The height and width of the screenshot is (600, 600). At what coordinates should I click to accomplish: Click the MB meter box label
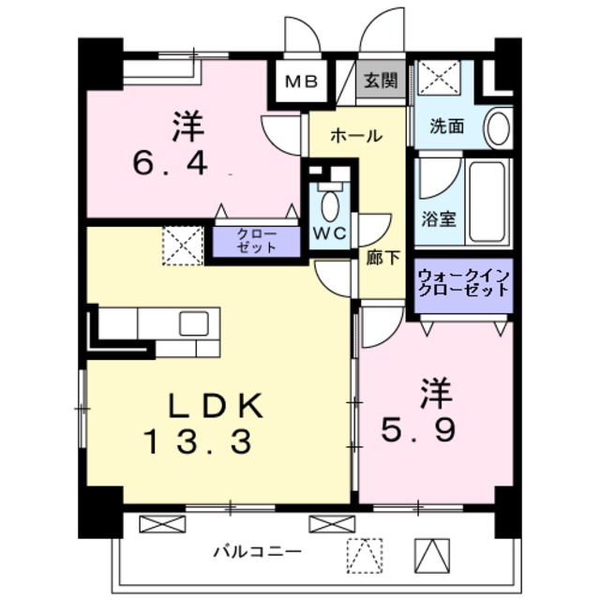tap(300, 81)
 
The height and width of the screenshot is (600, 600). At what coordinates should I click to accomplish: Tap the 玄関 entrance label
tap(381, 80)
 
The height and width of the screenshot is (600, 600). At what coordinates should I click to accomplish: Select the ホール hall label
tap(355, 136)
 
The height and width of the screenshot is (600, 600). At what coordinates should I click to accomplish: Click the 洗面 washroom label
tap(446, 127)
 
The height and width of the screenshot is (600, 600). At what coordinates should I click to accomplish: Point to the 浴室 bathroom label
tap(438, 219)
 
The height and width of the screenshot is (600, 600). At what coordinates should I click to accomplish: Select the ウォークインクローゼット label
tap(464, 282)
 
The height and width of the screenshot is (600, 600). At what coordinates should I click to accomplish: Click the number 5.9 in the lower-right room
tap(419, 430)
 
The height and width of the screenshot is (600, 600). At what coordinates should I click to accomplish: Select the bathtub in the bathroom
tap(487, 203)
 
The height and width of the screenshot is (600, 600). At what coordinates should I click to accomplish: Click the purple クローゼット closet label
tap(255, 241)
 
